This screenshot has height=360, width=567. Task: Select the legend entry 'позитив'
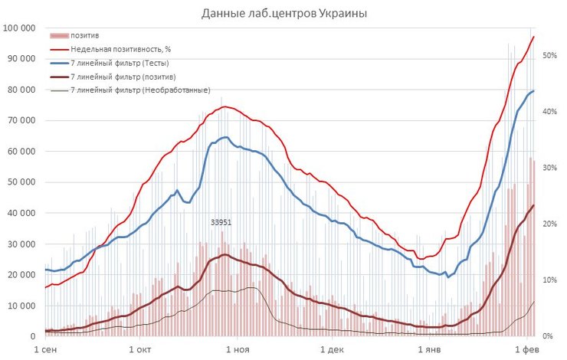tap(84, 35)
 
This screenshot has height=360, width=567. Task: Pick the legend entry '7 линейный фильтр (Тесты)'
tap(119, 63)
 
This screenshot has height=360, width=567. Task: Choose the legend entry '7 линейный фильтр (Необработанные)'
tap(139, 90)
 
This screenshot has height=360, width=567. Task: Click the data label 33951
tap(221, 223)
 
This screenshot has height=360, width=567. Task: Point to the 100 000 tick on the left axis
tap(21, 28)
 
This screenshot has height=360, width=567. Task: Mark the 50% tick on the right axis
tap(548, 56)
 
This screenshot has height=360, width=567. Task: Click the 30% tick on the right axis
tap(548, 168)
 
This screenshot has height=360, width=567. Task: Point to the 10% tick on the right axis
tap(548, 280)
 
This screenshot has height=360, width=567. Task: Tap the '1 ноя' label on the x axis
tap(240, 349)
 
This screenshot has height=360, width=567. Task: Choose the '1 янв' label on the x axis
tap(432, 349)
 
